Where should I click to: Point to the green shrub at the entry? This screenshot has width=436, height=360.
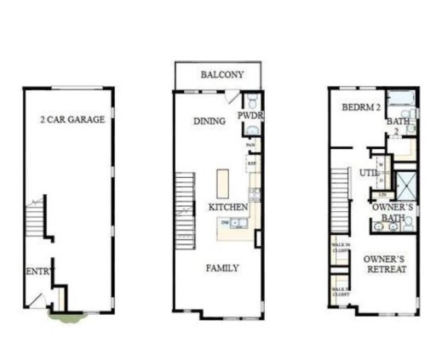coord(66,317)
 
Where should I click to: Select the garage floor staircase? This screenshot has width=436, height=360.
coord(33,220)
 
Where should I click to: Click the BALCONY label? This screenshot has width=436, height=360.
coord(222,75)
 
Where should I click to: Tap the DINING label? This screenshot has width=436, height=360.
coord(209,121)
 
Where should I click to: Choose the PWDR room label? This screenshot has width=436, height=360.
coord(248,115)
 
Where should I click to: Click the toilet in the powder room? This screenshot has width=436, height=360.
coord(251,130)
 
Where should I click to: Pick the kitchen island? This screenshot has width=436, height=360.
coord(223,183)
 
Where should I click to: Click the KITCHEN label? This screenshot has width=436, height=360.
coord(228,207)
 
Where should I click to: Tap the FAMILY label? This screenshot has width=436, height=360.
coord(222,268)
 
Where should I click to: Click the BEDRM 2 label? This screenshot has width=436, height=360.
coord(360,108)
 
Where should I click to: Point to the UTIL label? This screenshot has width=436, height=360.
coord(369,173)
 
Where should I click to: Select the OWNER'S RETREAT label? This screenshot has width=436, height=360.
coord(384,263)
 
